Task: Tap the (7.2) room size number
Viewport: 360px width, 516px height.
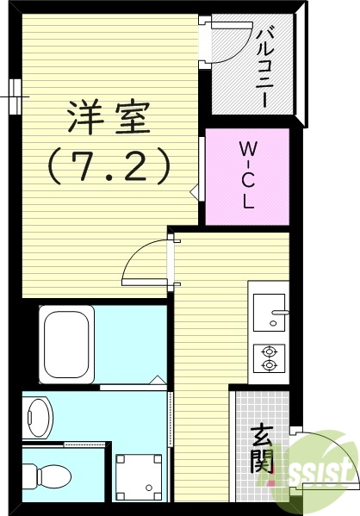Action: point(109,166)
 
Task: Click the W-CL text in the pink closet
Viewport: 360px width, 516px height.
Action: point(246,176)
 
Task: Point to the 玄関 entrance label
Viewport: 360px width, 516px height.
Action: point(263,449)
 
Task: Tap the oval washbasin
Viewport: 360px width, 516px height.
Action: point(38,417)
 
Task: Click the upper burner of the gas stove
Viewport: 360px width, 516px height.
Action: point(270,351)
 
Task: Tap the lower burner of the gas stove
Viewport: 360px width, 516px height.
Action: point(270,365)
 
